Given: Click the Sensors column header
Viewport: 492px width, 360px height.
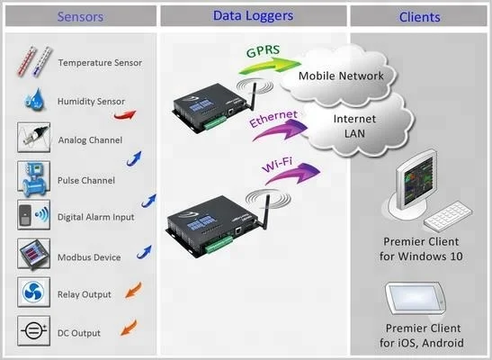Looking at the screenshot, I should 80,16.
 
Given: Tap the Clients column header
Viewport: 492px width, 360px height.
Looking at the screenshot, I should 419,16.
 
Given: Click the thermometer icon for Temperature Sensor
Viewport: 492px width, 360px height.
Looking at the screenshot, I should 33,62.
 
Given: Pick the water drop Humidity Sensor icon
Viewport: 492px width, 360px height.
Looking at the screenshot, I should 33,101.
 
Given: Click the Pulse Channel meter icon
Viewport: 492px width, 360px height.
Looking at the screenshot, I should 33,178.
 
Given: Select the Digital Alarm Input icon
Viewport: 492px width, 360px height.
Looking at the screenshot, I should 33,217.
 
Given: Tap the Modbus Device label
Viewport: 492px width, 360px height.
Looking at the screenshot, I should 89,257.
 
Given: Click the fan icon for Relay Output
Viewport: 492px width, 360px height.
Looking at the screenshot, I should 33,293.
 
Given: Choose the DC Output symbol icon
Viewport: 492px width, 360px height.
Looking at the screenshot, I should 33,332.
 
